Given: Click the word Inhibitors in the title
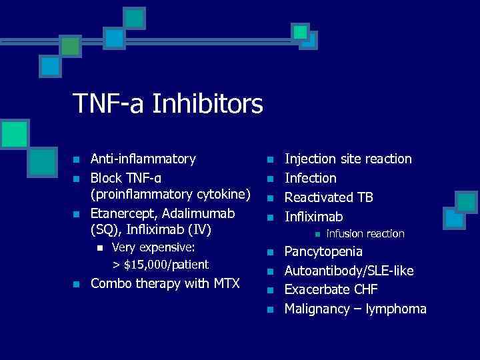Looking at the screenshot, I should (x=214, y=103).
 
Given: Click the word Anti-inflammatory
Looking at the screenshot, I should (x=143, y=159).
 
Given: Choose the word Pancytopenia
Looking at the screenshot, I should (x=324, y=251).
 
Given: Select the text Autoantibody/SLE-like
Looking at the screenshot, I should (x=349, y=271).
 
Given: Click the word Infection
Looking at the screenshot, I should (x=311, y=178).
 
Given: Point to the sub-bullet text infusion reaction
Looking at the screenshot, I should (x=365, y=233).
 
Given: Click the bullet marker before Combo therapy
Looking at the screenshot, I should (x=77, y=284).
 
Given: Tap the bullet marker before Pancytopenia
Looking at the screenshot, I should (x=270, y=252).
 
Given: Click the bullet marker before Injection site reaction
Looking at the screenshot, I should (x=270, y=159).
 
